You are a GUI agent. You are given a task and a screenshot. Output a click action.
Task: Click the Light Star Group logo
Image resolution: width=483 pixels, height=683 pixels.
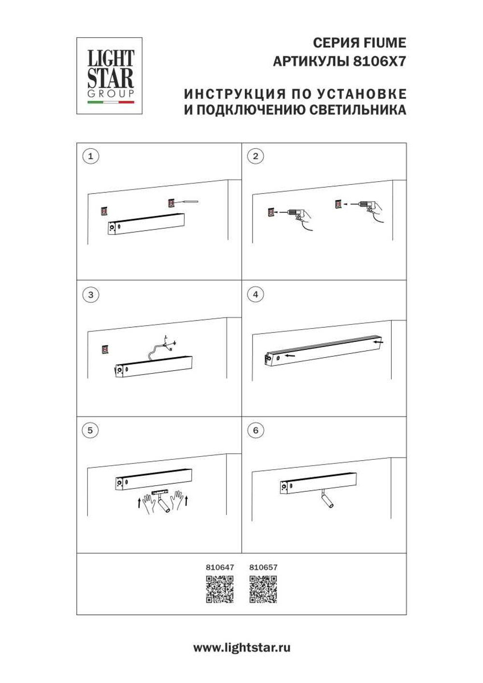110,76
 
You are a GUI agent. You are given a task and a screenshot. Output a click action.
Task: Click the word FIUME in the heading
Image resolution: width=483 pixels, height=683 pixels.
384,43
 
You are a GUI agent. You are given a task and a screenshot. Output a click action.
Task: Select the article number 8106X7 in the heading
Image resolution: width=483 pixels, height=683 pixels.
380,62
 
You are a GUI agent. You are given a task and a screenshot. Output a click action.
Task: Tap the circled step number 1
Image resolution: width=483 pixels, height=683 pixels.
90,156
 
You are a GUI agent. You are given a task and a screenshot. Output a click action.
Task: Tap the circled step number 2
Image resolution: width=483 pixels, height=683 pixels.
256,156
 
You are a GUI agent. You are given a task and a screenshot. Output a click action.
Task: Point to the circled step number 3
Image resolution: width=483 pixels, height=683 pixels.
90,294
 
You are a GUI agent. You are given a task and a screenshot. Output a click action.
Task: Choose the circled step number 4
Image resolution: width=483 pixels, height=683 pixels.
256,294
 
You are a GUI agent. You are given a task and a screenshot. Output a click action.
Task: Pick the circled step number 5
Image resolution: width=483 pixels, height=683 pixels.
90,430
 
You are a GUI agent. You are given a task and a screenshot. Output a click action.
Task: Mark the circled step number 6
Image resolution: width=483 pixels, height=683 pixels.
256,430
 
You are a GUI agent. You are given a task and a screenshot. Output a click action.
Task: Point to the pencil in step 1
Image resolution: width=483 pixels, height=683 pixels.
187,202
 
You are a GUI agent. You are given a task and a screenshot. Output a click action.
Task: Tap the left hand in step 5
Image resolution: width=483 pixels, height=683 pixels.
150,501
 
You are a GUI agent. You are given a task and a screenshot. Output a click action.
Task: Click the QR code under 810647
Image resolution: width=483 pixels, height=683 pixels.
220,589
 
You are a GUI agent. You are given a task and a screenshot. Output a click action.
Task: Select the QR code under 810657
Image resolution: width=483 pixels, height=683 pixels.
263,589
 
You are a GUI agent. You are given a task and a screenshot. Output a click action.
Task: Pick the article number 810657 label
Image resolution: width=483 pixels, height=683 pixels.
263,567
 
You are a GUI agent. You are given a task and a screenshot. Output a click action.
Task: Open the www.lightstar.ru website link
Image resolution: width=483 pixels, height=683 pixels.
241,648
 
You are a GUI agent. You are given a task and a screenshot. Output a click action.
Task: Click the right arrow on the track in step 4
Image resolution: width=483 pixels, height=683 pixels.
378,343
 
